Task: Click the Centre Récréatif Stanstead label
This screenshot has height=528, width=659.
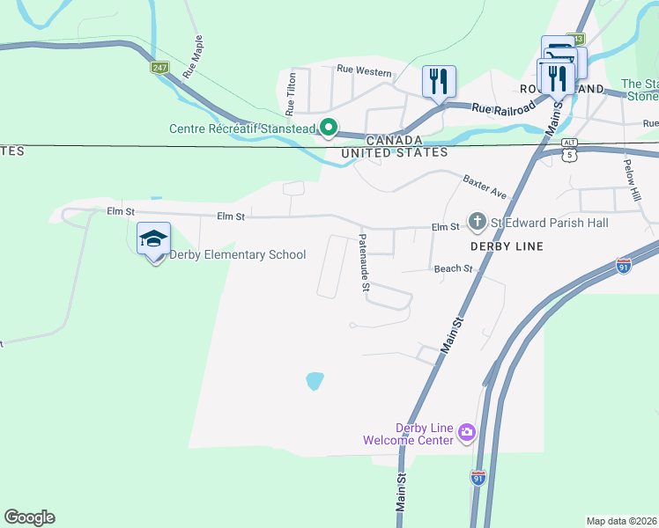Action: [242, 129]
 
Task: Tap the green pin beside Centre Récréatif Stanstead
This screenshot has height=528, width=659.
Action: [328, 128]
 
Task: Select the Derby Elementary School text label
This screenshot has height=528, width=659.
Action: [239, 255]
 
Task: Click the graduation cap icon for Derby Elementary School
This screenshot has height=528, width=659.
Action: [153, 238]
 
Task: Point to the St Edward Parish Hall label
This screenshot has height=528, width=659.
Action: [551, 224]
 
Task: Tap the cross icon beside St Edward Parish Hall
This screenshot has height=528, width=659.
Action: [477, 222]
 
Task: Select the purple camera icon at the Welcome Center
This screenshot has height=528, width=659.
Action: [466, 432]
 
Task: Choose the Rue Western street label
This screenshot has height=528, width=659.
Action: [364, 71]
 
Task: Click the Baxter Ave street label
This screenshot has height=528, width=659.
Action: [485, 187]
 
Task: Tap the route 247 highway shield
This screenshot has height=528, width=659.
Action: [159, 68]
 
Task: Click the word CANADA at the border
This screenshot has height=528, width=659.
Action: [394, 140]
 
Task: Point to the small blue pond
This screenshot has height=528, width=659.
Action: [314, 381]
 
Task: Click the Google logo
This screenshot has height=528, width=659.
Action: [29, 517]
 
